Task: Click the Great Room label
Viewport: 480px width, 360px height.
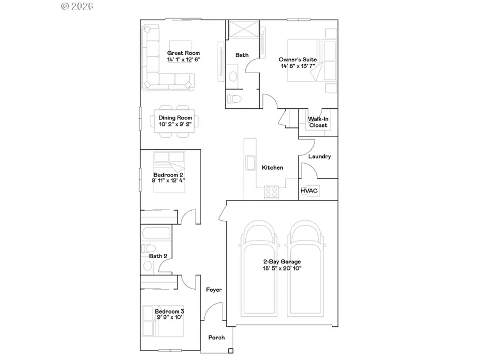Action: [x=183, y=53]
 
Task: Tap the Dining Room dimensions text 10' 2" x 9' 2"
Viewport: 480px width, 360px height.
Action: [x=179, y=124]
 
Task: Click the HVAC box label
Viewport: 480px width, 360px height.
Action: [x=309, y=190]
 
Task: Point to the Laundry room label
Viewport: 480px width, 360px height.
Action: [x=319, y=157]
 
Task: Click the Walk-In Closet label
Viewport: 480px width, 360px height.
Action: [x=318, y=122]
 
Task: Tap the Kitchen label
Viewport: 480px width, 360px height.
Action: [x=272, y=167]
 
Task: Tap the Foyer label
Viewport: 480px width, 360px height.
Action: [x=214, y=290]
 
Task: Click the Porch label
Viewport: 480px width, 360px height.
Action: [x=216, y=337]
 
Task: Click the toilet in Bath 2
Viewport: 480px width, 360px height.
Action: [x=149, y=248]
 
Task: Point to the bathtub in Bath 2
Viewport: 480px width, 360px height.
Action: [x=156, y=233]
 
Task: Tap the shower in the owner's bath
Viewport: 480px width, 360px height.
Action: [x=243, y=29]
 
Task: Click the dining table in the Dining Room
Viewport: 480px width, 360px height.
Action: [x=175, y=121]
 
